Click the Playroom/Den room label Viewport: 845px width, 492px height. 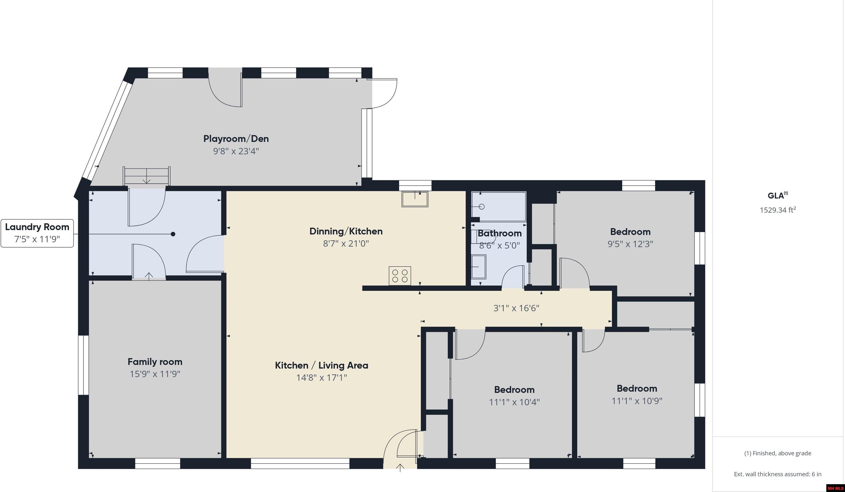tap(236, 139)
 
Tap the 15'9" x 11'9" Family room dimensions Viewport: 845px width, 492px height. tap(155, 374)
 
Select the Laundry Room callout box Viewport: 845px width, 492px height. tap(37, 233)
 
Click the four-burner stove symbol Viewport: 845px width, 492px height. tap(400, 276)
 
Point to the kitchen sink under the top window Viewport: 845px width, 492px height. tap(415, 199)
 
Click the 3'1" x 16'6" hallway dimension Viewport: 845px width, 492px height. tap(516, 308)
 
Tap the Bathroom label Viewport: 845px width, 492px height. tap(499, 233)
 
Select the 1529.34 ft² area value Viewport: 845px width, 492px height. tap(777, 210)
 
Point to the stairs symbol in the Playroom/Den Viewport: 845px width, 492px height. tap(147, 176)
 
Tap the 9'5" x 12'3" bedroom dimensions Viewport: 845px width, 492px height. tap(630, 244)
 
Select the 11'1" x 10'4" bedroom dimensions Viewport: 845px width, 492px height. tap(514, 402)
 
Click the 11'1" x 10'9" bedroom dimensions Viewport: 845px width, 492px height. tap(636, 401)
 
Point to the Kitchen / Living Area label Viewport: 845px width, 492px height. tap(321, 366)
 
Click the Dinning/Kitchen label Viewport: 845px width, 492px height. tap(346, 231)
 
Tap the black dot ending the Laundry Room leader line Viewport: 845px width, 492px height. tap(173, 234)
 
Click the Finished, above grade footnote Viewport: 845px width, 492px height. tap(777, 453)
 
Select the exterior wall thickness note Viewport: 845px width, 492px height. tap(777, 474)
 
